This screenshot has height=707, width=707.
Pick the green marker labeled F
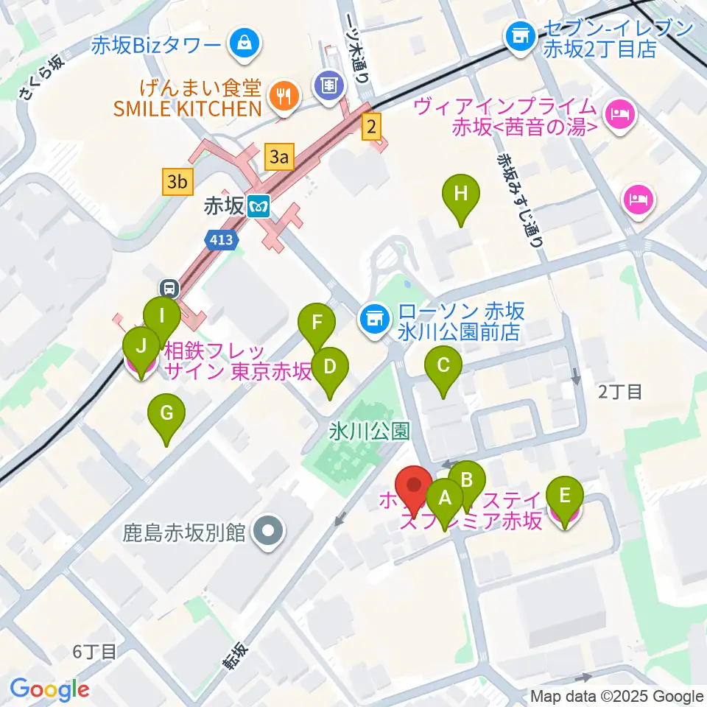[x=317, y=325]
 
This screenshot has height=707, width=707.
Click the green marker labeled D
[x=329, y=367]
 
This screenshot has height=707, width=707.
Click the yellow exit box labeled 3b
[x=177, y=181]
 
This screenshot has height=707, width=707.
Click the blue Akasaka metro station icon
[x=258, y=207]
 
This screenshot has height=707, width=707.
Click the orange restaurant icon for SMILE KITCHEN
[x=282, y=94]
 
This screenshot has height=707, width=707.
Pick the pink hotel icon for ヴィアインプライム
[x=619, y=114]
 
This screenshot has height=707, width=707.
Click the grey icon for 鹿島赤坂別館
[x=267, y=532]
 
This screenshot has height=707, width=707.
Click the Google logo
[x=49, y=689]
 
